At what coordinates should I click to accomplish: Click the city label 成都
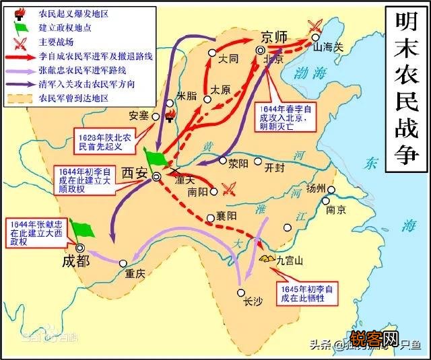(75, 260)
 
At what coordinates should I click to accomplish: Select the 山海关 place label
(327, 48)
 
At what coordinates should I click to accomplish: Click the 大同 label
(229, 59)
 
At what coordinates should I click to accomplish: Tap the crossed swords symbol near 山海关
(314, 26)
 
